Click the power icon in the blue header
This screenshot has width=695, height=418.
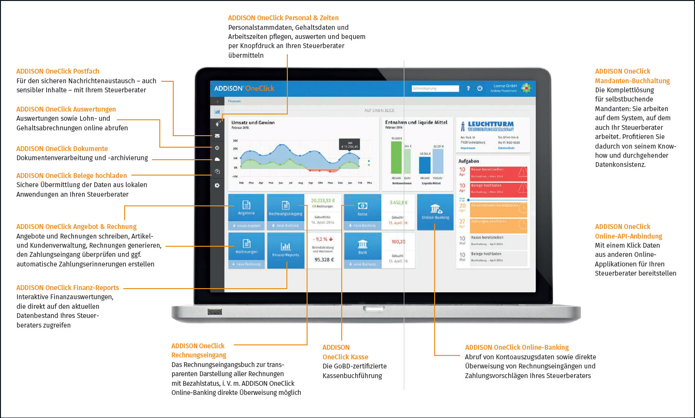pyautogui.click(x=480, y=89)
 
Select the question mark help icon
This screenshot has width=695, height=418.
pyautogui.click(x=468, y=89)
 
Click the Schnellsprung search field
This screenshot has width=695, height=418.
pyautogui.click(x=435, y=89)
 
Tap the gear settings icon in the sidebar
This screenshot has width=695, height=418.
pyautogui.click(x=217, y=185)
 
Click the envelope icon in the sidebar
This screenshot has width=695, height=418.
pyautogui.click(x=217, y=136)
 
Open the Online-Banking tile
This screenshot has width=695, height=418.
pyautogui.click(x=435, y=212)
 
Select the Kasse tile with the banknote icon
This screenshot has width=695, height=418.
pyautogui.click(x=362, y=208)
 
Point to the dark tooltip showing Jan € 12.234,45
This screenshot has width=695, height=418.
pyautogui.click(x=350, y=144)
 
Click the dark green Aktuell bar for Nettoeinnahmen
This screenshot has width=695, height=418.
pyautogui.click(x=396, y=157)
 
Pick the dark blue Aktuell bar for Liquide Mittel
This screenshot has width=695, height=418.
pyautogui.click(x=425, y=165)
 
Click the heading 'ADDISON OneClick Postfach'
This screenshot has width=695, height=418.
pyautogui.click(x=58, y=71)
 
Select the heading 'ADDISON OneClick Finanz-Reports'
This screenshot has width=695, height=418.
pyautogui.click(x=67, y=288)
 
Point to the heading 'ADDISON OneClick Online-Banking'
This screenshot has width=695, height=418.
pyautogui.click(x=516, y=347)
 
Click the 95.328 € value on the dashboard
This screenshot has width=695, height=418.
pyautogui.click(x=324, y=260)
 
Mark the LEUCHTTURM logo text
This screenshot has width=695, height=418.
pyautogui.click(x=490, y=124)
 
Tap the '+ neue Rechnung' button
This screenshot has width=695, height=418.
pyautogui.click(x=246, y=264)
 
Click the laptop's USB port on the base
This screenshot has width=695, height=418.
pyautogui.click(x=215, y=312)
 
